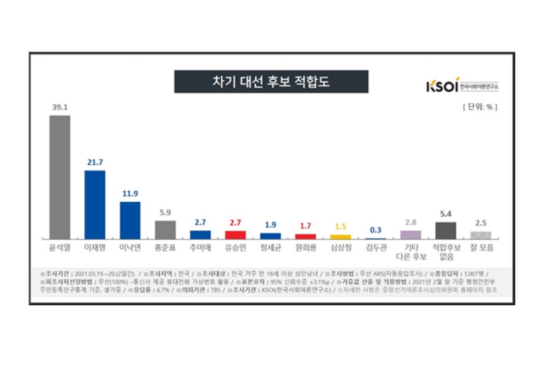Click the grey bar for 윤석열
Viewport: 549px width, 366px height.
coord(60,176)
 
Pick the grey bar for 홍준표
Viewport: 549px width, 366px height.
coord(165,229)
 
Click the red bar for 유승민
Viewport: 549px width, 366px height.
coord(236,235)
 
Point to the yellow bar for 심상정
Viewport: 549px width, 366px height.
coord(340,236)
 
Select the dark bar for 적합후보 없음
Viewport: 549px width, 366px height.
coord(446,230)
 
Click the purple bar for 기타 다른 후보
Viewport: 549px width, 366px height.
coord(411,235)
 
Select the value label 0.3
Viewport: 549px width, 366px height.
coord(376,230)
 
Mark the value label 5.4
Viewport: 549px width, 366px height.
coord(446,214)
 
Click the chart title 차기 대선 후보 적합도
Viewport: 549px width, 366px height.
coord(271,82)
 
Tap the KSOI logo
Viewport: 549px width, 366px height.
coord(462,86)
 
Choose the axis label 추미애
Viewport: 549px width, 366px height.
coord(200,248)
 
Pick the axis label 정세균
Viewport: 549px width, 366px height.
coord(271,248)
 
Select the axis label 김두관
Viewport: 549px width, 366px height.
coord(376,248)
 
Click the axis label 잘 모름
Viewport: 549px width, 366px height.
coord(481,248)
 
